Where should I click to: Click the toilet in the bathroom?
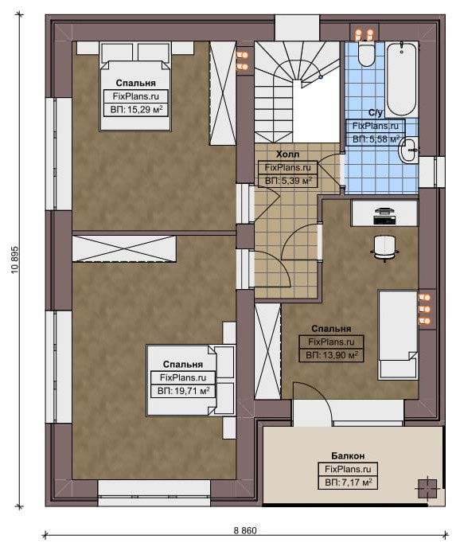(366, 53)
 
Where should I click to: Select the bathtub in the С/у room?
(402, 79)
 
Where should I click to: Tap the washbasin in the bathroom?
(408, 150)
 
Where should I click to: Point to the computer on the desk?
(384, 216)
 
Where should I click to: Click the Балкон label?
(348, 455)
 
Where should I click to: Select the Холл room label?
(287, 154)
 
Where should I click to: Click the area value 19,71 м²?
(183, 391)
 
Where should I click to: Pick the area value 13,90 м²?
(332, 355)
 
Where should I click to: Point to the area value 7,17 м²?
(349, 483)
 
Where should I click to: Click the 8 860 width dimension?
(245, 530)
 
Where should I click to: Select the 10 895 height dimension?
(15, 260)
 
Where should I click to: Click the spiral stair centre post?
(320, 76)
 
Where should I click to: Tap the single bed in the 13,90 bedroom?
(398, 334)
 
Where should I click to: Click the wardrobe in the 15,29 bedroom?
(223, 93)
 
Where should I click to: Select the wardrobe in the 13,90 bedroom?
(267, 351)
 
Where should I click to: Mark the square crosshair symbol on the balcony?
(427, 488)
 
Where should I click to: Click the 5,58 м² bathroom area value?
(376, 139)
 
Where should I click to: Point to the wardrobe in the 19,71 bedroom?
(124, 248)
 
